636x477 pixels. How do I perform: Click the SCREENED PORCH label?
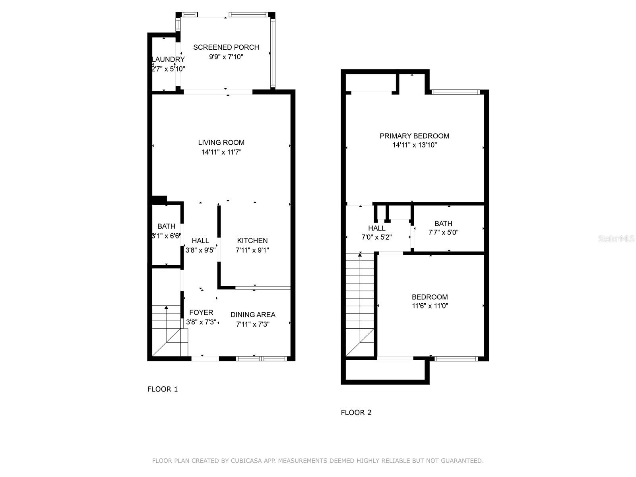(226, 47)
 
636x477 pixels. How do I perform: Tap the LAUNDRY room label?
(169, 60)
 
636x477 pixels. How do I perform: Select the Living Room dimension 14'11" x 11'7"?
(221, 152)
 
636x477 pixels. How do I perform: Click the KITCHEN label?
(252, 240)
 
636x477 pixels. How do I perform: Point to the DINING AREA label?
(253, 315)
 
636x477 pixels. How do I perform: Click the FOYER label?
(201, 312)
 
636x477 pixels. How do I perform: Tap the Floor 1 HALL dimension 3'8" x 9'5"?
(201, 250)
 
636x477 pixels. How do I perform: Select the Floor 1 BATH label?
(166, 226)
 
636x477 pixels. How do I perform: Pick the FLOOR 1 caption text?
(163, 389)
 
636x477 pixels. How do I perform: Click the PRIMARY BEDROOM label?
(414, 136)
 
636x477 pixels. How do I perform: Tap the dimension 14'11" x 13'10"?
(415, 145)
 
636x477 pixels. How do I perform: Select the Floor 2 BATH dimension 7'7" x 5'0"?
(443, 233)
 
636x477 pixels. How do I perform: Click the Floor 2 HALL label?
(376, 228)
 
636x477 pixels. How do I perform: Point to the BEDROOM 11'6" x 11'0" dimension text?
(430, 306)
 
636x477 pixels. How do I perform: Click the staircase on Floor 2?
(360, 302)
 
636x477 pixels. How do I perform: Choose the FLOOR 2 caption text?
(356, 413)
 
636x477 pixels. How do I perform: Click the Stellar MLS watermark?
(616, 239)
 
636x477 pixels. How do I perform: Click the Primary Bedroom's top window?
(456, 92)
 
